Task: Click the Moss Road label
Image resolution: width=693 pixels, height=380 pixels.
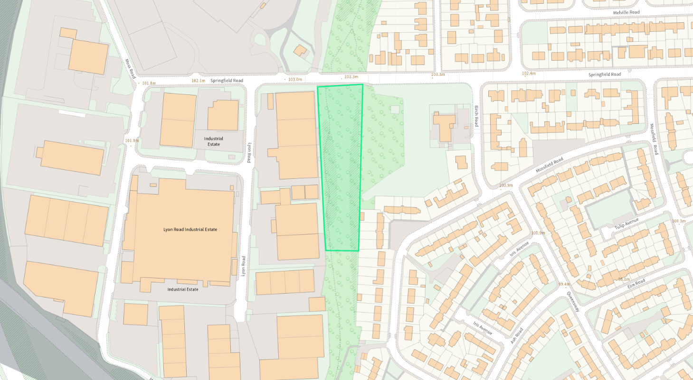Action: pos(130,68)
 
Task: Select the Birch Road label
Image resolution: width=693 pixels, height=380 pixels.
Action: pos(476,116)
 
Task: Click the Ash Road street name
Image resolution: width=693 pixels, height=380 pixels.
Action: pos(517,335)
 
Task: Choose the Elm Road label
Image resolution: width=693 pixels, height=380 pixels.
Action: pos(636,285)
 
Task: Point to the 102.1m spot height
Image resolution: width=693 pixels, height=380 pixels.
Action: pos(199,81)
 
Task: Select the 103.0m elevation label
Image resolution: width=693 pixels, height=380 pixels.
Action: pos(295,79)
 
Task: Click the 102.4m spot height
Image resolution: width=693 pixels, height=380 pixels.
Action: pos(529,74)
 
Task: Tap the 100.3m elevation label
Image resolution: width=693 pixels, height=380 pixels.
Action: pos(679,222)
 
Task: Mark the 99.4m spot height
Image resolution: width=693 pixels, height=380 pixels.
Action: pos(564,284)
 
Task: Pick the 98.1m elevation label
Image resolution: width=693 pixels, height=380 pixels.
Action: pos(624,279)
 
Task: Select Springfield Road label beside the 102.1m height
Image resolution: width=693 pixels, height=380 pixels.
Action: pos(227,81)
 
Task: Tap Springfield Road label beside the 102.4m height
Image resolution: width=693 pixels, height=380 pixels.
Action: pos(605,74)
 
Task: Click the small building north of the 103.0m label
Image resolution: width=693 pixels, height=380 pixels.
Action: pos(300,50)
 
